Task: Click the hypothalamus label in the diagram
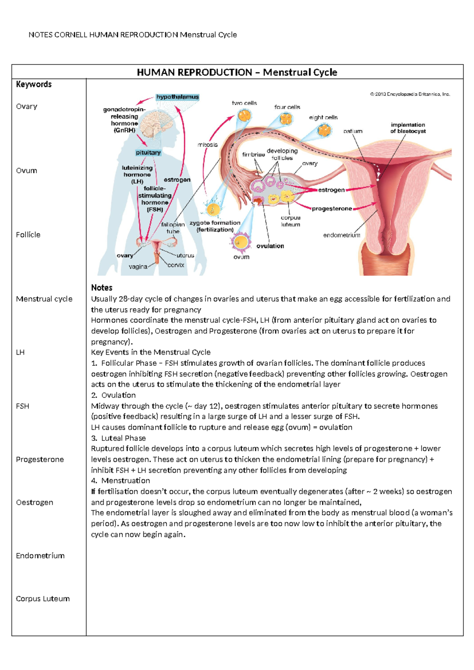(177, 97)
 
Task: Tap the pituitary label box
(148, 152)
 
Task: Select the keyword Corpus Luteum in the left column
(43, 598)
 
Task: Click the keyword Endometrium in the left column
(40, 555)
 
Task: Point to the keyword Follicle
(28, 235)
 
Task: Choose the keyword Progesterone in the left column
(39, 459)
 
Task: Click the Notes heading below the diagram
(102, 288)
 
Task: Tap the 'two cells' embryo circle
(245, 116)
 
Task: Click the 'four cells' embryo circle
(286, 119)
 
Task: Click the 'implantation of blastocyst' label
(408, 128)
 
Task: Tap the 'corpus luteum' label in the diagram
(290, 221)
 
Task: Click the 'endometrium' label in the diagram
(342, 235)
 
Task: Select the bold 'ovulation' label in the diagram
(270, 246)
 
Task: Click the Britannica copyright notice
(410, 94)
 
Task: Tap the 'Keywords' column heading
(34, 84)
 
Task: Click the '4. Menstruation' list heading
(120, 481)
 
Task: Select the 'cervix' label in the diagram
(176, 265)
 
